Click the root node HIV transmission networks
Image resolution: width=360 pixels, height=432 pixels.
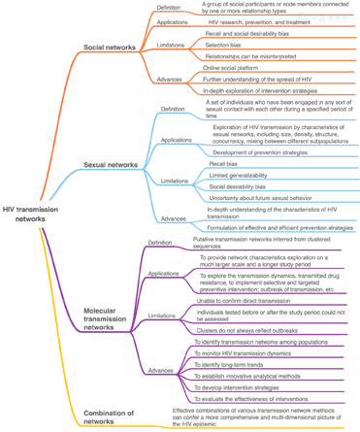coord(30,213)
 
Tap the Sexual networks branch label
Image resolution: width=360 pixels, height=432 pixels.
coord(110,165)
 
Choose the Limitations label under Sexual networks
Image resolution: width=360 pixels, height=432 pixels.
coord(175,181)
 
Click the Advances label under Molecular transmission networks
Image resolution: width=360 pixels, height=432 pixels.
coord(161,370)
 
